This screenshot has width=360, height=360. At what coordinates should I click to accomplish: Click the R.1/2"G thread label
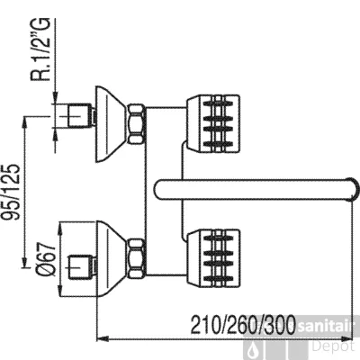[x=40, y=49]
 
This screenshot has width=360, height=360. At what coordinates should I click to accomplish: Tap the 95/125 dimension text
[x=12, y=192]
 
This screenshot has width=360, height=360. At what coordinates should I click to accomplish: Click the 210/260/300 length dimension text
[x=243, y=325]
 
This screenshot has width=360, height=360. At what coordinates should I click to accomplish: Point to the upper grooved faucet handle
[x=212, y=124]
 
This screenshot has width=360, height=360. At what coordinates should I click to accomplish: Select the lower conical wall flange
[x=112, y=259]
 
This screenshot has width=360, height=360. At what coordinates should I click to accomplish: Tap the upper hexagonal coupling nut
[x=137, y=123]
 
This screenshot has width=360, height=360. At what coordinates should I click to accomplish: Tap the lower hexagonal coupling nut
[x=137, y=258]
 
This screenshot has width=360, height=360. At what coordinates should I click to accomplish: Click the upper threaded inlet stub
[x=81, y=115]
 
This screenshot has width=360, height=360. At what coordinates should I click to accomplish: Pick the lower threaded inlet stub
[x=81, y=265]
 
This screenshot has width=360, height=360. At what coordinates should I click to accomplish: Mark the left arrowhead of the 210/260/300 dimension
[x=103, y=339]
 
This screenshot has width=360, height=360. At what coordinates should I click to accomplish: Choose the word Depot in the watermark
[x=333, y=346]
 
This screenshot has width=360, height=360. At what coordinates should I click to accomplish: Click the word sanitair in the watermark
[x=326, y=328]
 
